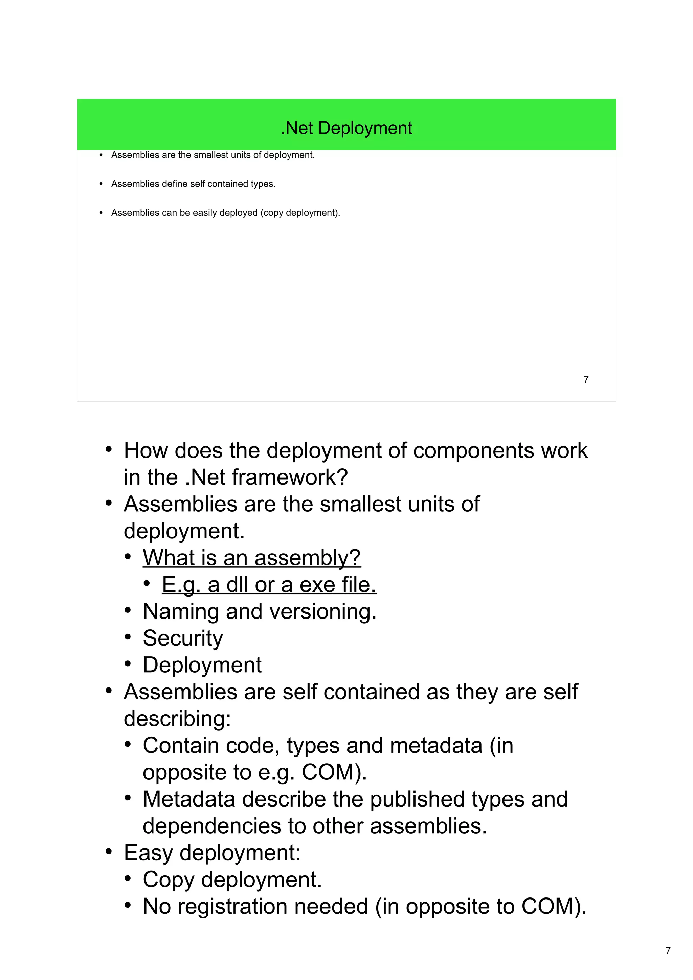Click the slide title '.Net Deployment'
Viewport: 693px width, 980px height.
(346, 128)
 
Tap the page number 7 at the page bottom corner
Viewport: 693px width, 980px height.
(668, 950)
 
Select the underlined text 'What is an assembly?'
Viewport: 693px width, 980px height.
(251, 558)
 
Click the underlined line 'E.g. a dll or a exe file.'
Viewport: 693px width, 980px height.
(269, 585)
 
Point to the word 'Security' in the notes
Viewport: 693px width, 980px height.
(183, 638)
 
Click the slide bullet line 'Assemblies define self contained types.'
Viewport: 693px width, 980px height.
(194, 184)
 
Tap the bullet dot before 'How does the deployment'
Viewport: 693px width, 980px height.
(109, 449)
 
